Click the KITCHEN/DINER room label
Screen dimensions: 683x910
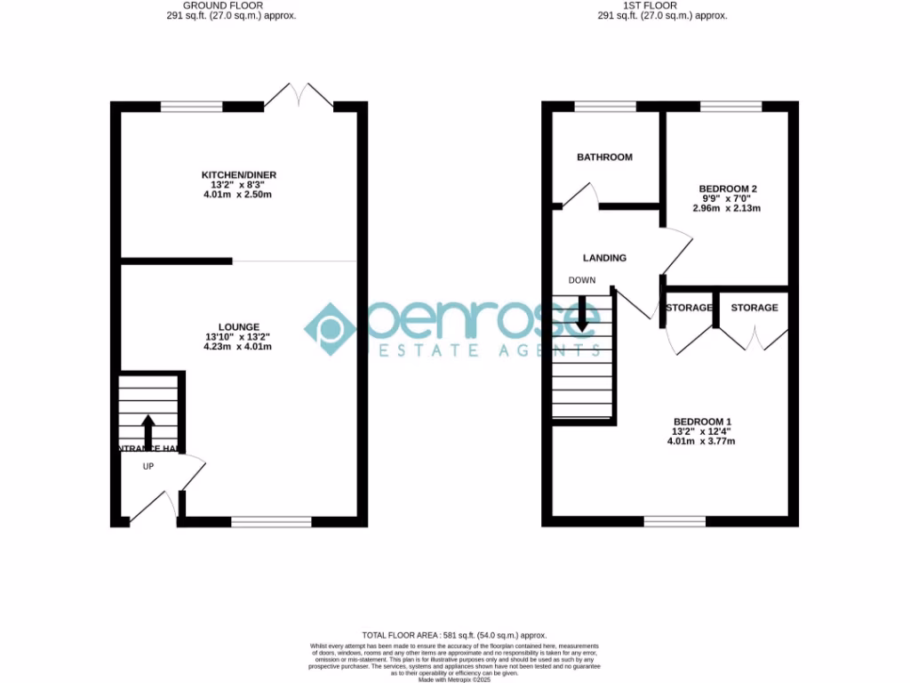click(232, 175)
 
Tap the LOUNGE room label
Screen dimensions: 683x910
click(238, 326)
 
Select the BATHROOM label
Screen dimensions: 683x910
click(604, 157)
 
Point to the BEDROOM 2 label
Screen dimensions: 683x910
click(728, 189)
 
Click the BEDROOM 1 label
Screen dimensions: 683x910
click(702, 422)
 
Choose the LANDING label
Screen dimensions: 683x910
click(604, 258)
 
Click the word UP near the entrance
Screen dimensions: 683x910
click(148, 465)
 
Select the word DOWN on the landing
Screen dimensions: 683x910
click(582, 280)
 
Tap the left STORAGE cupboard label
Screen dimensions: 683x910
click(689, 308)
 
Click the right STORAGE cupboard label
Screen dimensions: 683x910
click(754, 308)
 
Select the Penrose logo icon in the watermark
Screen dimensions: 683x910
click(330, 328)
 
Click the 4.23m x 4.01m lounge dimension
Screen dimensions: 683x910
click(237, 346)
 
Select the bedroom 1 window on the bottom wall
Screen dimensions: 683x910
click(675, 521)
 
